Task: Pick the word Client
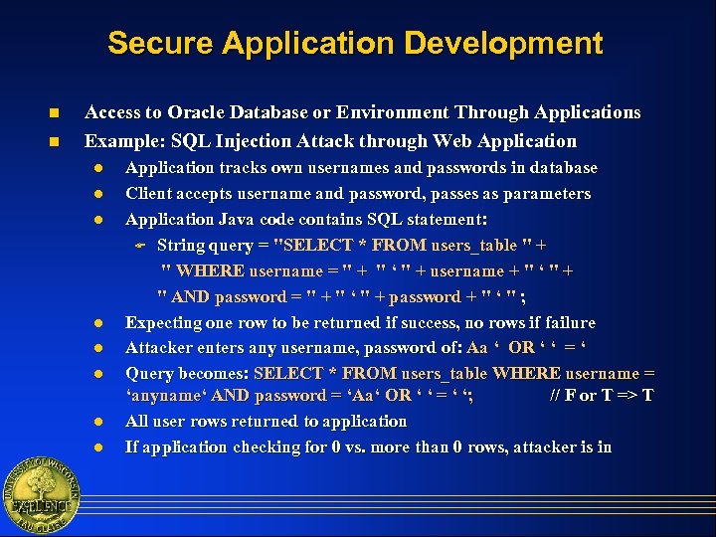coord(149,194)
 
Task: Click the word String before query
coord(181,246)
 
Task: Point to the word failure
coord(566,323)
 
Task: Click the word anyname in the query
coord(167,396)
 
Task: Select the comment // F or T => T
coord(602,396)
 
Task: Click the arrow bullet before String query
coord(140,246)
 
